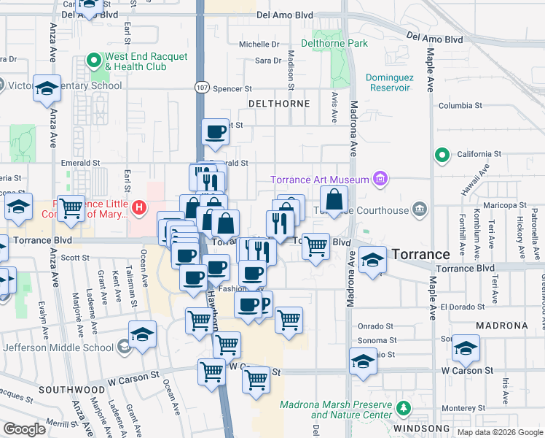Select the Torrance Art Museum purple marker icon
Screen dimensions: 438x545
380,179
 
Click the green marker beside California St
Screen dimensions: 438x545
441,155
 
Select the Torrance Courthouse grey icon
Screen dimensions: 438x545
419,210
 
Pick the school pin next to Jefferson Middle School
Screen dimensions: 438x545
143,334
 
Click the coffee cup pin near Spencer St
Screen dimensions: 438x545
215,132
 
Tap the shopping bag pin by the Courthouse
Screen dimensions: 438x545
334,199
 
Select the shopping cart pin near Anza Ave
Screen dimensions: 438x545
71,210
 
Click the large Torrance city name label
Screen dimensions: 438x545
420,254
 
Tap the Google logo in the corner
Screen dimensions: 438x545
24,429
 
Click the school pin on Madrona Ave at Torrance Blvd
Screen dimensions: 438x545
372,261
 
